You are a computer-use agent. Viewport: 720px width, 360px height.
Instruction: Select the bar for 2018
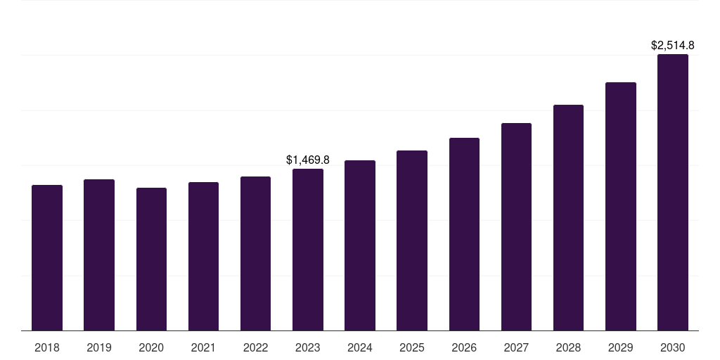coord(47,257)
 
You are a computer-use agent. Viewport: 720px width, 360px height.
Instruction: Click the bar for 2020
coord(152,259)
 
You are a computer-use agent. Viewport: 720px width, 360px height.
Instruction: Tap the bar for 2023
coord(308,250)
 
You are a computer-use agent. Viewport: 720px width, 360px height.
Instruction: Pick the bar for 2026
coord(464,234)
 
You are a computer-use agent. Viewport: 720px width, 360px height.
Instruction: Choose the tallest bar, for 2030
coord(673,193)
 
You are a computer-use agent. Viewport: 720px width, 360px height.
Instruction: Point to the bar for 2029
coord(621,207)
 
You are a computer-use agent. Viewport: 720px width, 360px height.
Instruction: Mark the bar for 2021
coord(203,256)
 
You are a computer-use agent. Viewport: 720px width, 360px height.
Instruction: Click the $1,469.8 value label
coord(308,160)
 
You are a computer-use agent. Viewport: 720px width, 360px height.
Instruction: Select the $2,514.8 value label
coord(673,46)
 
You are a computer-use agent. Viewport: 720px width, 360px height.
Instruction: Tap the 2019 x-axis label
coord(99,347)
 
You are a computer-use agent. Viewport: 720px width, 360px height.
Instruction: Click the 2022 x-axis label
coord(255,347)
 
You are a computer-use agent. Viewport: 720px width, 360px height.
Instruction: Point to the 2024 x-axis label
coord(360,347)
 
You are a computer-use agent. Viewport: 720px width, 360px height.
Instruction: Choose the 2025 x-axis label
coord(412,347)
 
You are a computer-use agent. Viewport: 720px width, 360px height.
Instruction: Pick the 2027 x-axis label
coord(516,347)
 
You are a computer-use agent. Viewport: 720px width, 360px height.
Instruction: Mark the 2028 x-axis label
coord(568,347)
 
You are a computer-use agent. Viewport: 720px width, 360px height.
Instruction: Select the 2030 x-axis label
coord(673,347)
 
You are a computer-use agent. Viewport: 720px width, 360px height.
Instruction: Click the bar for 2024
coord(360,245)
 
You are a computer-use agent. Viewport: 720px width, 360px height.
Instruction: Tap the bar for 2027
coord(516,227)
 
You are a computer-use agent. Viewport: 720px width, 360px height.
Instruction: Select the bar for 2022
coord(255,253)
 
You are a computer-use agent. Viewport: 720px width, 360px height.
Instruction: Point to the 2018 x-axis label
coord(47,347)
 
